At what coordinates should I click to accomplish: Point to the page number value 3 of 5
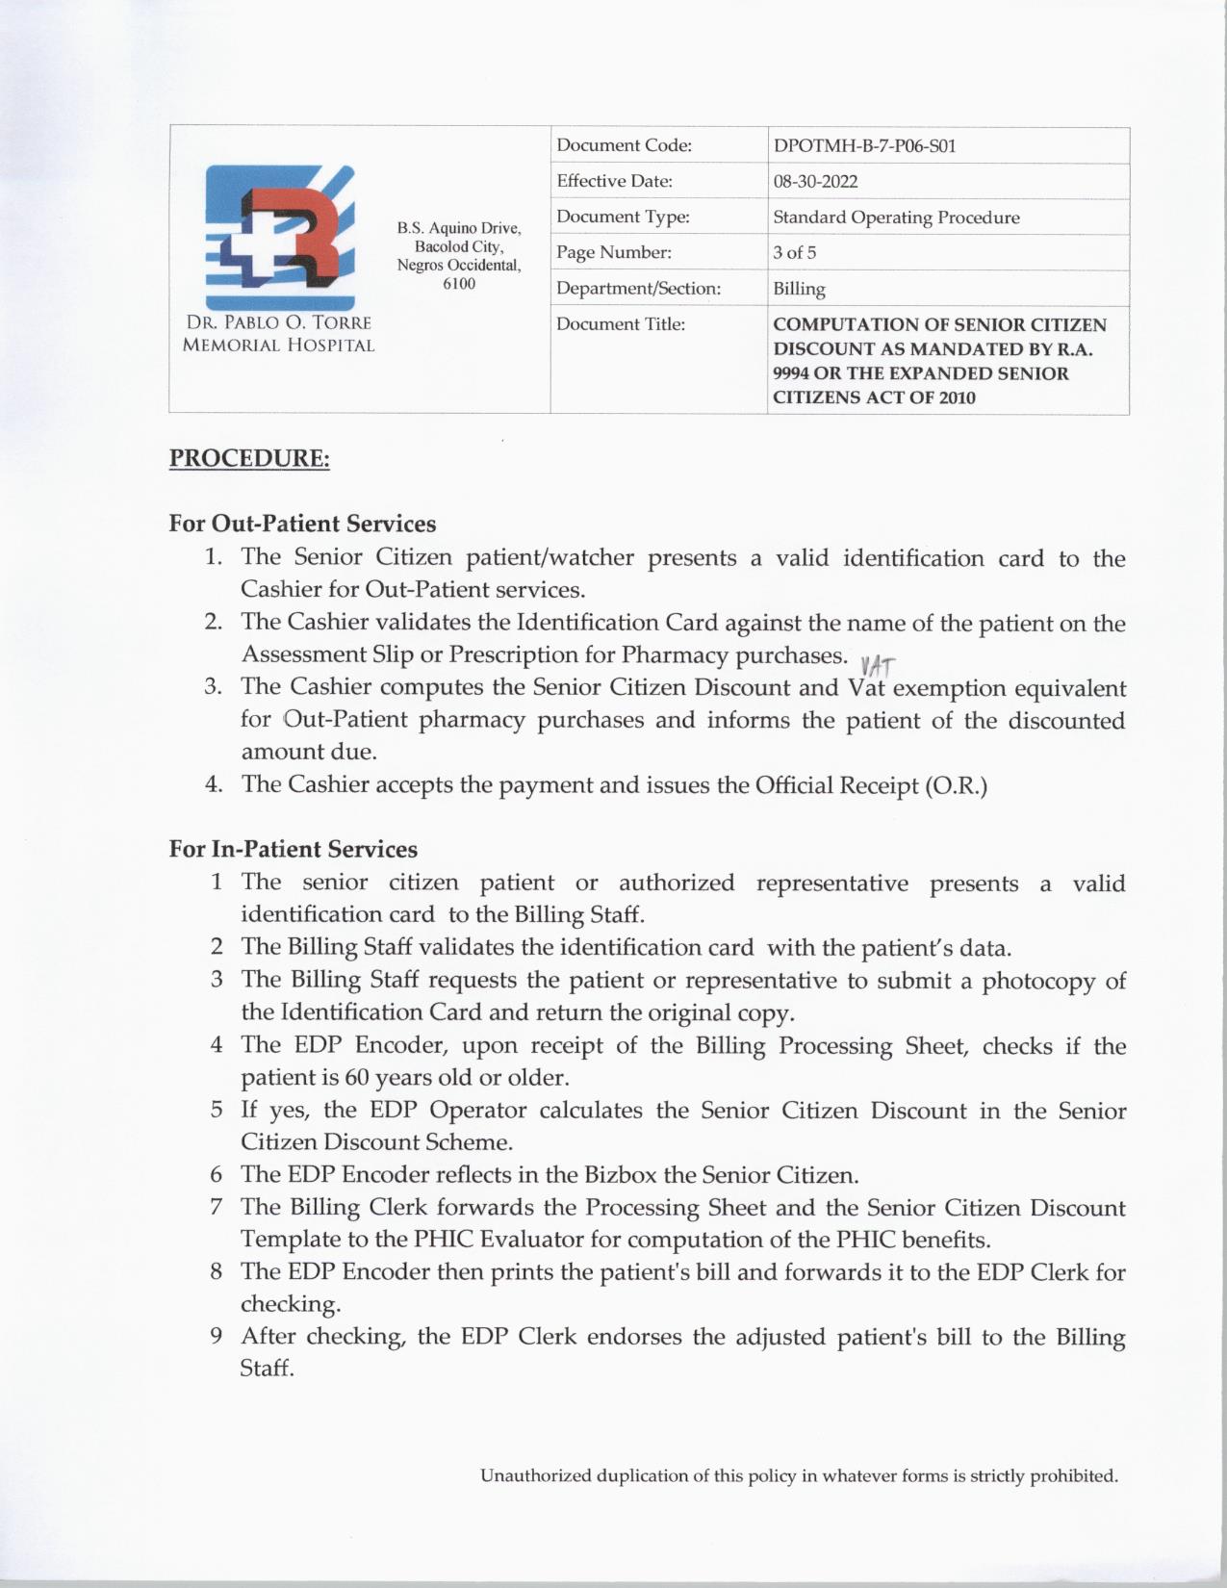[x=794, y=253]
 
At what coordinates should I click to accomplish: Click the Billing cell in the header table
[x=799, y=289]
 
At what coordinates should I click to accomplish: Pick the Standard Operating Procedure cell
[x=895, y=218]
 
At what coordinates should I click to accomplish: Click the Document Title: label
[x=620, y=324]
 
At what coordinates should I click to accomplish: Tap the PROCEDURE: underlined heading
[x=249, y=458]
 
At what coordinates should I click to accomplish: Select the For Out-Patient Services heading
[x=302, y=524]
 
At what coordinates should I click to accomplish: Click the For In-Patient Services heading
[x=293, y=849]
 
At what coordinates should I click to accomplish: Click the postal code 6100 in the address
[x=459, y=284]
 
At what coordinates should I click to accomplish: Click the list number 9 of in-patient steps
[x=217, y=1336]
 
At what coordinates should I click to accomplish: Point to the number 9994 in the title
[x=791, y=373]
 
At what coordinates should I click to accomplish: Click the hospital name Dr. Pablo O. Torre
[x=278, y=323]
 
